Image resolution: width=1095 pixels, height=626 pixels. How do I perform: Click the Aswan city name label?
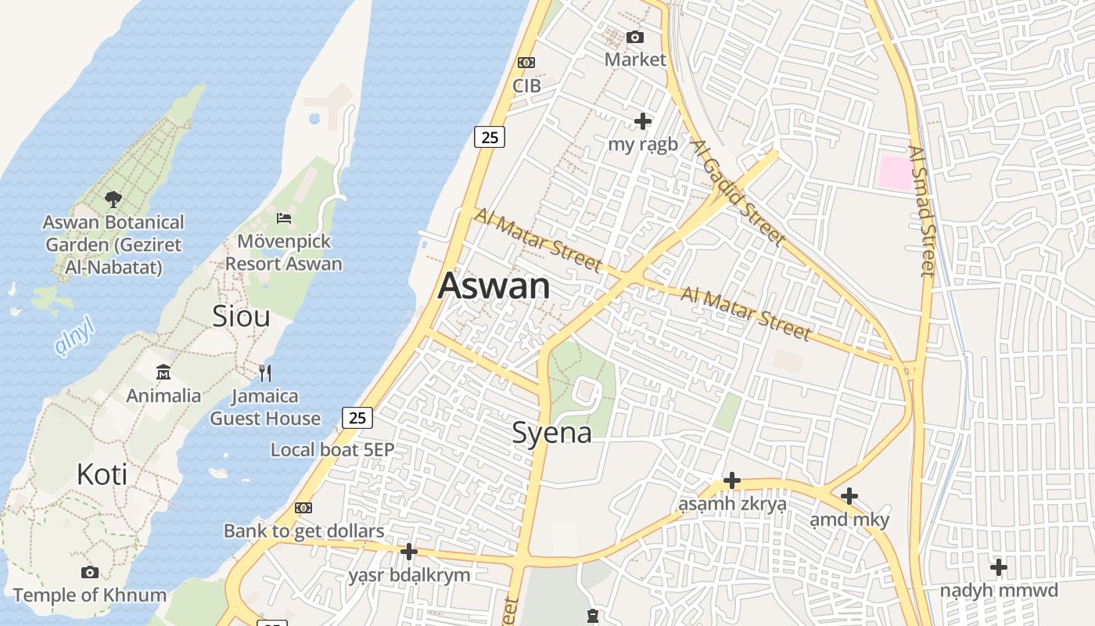point(494,286)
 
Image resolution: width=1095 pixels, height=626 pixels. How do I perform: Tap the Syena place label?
point(551,433)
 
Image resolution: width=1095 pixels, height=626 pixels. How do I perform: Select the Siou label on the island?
point(241,316)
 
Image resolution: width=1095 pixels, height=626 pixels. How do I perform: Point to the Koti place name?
point(102,474)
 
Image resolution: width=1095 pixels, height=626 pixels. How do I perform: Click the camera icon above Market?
point(635,37)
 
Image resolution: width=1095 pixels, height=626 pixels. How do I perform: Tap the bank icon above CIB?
point(526,63)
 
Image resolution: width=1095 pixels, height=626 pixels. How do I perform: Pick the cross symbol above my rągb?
point(643,121)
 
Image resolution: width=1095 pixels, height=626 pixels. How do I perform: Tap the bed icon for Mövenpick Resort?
point(284,218)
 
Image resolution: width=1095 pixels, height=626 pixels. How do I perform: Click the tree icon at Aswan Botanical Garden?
point(113,199)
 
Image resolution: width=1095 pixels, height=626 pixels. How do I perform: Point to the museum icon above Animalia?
point(163,372)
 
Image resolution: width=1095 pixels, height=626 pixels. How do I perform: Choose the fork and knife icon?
point(265,372)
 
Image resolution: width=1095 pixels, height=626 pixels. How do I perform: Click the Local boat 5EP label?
point(332,450)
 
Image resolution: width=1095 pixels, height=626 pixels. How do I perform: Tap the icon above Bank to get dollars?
point(303,508)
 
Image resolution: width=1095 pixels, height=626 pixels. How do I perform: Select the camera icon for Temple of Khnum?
point(90,572)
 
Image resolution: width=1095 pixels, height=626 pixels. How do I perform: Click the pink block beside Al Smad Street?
point(896,173)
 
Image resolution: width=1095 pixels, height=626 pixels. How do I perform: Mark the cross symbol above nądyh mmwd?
point(999,567)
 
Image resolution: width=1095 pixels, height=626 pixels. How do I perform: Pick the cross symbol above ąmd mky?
point(849,496)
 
